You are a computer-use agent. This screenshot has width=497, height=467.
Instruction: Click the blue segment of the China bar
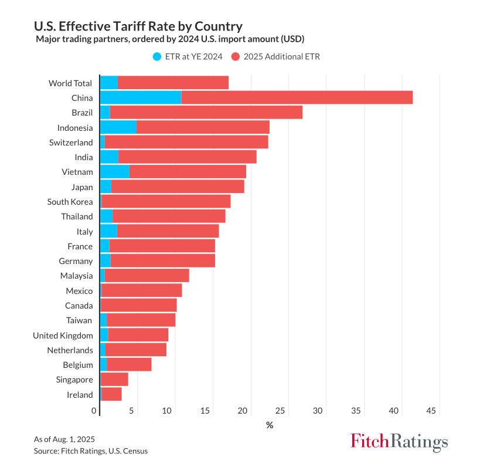tap(141, 97)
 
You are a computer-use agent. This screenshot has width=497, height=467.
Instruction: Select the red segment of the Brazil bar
tap(206, 112)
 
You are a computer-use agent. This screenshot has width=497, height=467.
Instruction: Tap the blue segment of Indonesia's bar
tap(118, 127)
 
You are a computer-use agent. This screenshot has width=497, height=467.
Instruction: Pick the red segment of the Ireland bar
tap(111, 394)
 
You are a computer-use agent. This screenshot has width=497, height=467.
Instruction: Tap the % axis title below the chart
tap(270, 425)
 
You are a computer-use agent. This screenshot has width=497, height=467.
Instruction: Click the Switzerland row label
tap(71, 142)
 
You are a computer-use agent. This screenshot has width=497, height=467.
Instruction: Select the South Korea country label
tap(70, 201)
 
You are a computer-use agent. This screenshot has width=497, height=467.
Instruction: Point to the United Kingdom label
tap(63, 335)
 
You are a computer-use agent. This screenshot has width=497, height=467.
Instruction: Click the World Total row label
tap(70, 83)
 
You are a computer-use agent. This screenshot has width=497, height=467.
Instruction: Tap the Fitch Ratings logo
tap(399, 441)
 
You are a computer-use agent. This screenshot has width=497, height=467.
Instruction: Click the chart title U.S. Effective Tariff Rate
tap(138, 26)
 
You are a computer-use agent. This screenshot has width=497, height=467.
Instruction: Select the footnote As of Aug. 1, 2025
tap(64, 439)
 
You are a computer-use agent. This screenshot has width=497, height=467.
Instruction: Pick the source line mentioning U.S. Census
tap(91, 451)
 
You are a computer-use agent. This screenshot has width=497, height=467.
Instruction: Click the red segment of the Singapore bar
tap(114, 380)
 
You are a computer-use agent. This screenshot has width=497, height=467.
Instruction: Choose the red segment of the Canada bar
tap(138, 305)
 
